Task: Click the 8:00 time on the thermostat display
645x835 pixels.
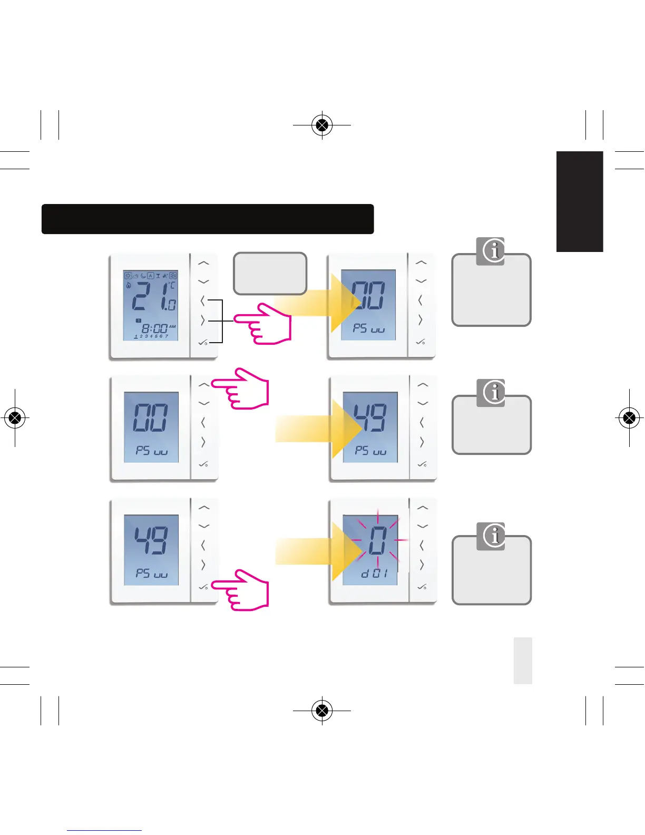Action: coord(154,328)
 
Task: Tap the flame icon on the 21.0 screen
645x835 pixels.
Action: coord(128,285)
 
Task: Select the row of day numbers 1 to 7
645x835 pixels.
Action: coord(151,336)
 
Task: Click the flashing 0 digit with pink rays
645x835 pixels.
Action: coord(377,541)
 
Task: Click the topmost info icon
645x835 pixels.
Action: coord(490,251)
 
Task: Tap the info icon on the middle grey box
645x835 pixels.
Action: coord(491,393)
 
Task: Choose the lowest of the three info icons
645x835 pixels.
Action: coord(491,537)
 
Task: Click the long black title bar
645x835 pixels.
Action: coord(208,219)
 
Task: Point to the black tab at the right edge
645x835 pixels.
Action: coord(580,201)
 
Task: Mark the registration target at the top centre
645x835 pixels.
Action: coord(322,125)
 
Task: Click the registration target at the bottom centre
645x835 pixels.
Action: coord(322,711)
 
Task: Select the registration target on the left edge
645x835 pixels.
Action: coord(15,418)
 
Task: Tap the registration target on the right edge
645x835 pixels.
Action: coord(629,418)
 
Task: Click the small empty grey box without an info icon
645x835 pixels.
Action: coord(270,273)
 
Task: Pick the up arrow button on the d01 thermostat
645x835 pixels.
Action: coord(422,508)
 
